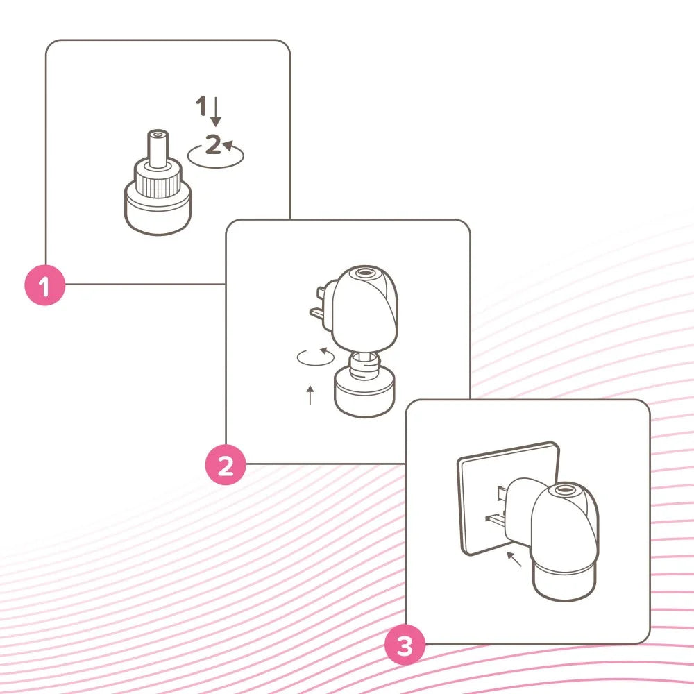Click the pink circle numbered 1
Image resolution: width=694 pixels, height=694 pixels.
click(x=44, y=285)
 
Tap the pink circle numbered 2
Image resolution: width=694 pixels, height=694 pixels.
click(x=226, y=465)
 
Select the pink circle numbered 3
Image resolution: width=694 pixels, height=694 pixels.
click(x=405, y=646)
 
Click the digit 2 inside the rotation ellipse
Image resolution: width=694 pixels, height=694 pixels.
click(x=214, y=145)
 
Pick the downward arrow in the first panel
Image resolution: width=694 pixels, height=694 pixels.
click(x=217, y=112)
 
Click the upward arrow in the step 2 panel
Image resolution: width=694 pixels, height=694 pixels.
click(x=310, y=395)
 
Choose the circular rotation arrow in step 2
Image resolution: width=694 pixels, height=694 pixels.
click(x=314, y=357)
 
